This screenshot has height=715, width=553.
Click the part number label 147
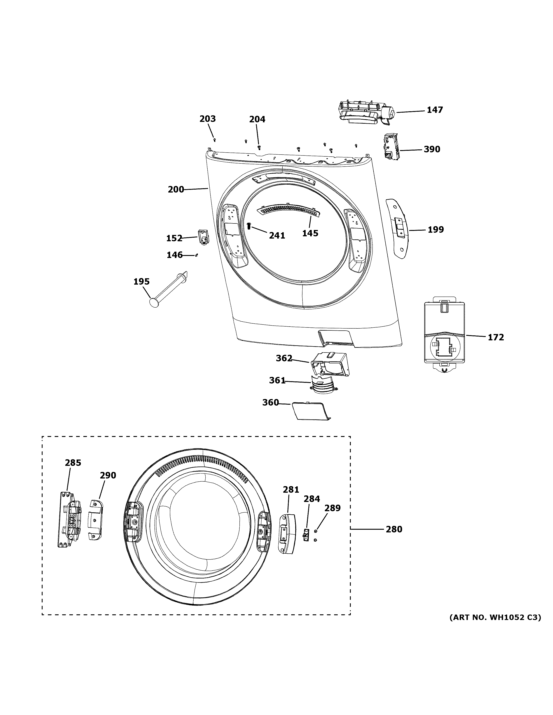[435, 110]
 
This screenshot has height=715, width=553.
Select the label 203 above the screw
[208, 119]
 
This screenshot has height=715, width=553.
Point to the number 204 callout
[257, 119]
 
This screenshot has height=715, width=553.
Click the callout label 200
[176, 190]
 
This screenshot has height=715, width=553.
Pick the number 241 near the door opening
[277, 235]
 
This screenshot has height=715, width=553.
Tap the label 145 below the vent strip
[310, 233]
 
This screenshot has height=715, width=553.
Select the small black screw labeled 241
[249, 226]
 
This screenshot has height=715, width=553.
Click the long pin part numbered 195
[168, 289]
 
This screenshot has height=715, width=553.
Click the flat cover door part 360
[311, 411]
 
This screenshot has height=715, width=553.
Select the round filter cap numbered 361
[323, 383]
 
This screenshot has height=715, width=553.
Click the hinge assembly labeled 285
[69, 520]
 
